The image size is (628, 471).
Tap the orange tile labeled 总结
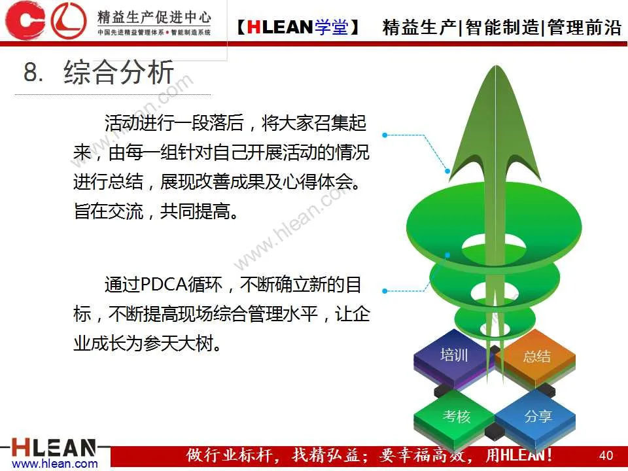tap(536, 357)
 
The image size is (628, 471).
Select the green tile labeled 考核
tap(456, 417)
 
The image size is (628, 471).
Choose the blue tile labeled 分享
tap(536, 417)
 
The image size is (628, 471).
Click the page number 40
tap(606, 455)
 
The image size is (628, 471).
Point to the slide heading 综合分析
tap(118, 72)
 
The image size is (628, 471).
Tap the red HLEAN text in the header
tap(280, 27)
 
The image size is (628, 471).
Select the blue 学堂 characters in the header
tap(331, 27)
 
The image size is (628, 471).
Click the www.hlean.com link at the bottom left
tap(55, 464)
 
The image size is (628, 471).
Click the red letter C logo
tap(25, 20)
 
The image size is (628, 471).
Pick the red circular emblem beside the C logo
tap(69, 20)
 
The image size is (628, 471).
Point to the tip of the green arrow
tap(496, 66)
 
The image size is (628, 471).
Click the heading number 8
tap(33, 73)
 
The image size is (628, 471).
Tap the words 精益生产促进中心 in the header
tap(154, 17)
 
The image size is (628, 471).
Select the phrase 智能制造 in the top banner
tap(502, 27)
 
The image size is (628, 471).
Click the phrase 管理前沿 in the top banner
tap(584, 27)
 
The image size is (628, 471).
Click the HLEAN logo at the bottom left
tap(54, 447)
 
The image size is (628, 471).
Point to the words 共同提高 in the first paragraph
tap(195, 211)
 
